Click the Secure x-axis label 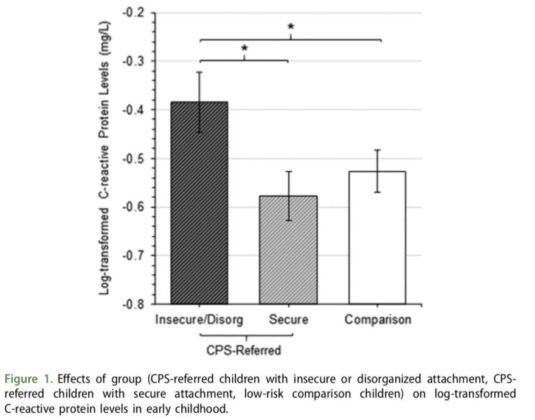click(288, 320)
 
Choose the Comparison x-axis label click(378, 320)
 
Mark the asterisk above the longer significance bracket click(291, 27)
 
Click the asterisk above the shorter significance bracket click(244, 48)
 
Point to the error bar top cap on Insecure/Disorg click(199, 72)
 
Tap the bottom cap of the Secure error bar click(288, 220)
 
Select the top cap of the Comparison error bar click(377, 150)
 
